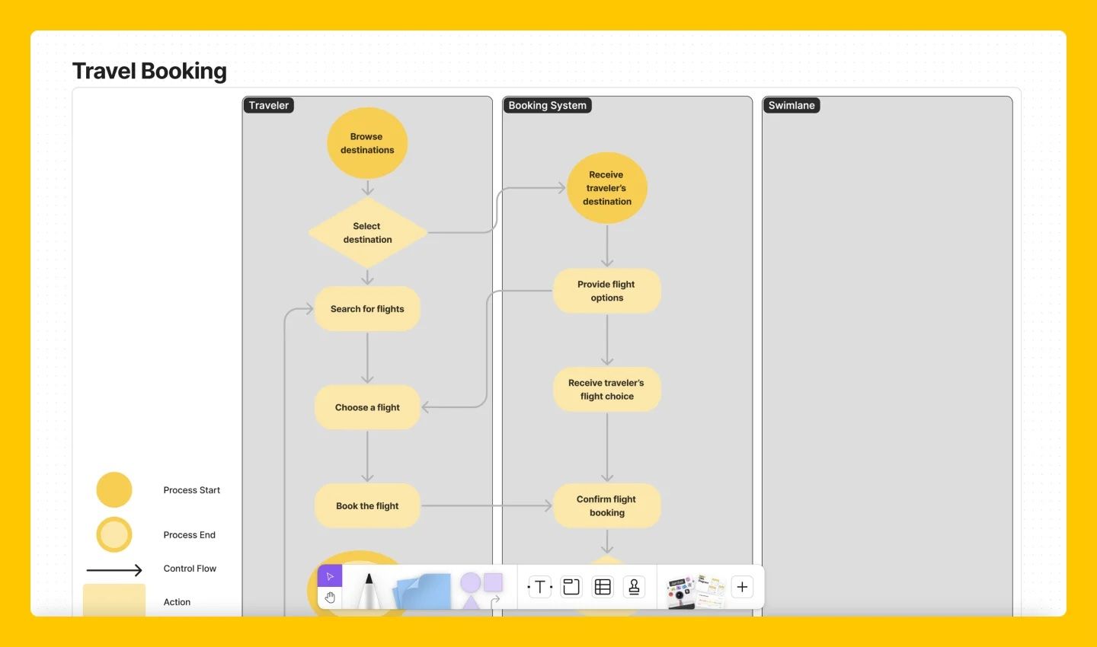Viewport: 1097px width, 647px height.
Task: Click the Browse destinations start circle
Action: coord(367,143)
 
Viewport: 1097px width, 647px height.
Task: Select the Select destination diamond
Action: coord(367,233)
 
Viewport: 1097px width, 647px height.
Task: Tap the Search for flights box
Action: coord(367,309)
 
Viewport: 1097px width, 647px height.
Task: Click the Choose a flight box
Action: coord(367,407)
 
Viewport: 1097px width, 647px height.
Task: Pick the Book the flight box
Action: coord(367,506)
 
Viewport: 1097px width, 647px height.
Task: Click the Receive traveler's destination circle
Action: coord(606,188)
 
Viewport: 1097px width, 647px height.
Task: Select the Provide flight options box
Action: coord(606,291)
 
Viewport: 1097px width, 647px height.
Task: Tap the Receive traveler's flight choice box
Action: coord(606,390)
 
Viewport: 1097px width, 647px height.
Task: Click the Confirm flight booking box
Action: coord(606,506)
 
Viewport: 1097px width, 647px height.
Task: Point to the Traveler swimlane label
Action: coord(269,106)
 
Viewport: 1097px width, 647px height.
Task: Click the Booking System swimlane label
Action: coord(547,106)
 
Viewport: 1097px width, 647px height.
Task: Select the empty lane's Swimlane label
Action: coord(792,106)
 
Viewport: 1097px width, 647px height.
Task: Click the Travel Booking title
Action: coord(149,71)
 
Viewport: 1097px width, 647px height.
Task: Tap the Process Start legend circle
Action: coord(114,490)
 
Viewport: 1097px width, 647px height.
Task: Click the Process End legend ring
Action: coord(114,535)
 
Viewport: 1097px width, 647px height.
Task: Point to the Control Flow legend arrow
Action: coord(114,569)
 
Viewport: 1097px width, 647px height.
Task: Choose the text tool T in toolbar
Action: coord(540,587)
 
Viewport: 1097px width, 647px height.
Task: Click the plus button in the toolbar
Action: coord(742,587)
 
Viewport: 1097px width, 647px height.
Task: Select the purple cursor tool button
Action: coord(330,576)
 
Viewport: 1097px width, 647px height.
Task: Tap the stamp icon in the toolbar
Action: coord(634,587)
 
